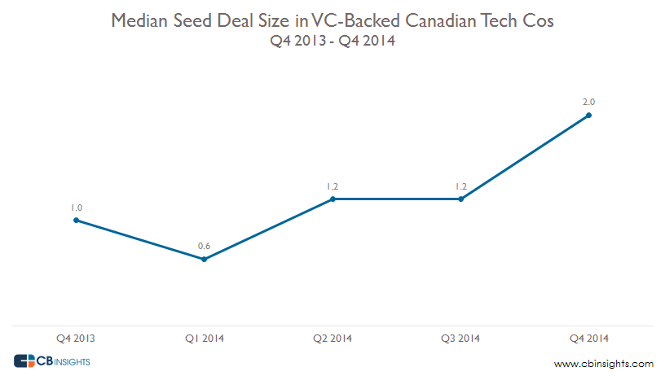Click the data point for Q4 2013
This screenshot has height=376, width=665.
point(76,220)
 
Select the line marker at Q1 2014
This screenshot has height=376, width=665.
point(204,259)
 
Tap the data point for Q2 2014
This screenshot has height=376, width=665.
point(332,199)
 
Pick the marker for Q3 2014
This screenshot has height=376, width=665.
point(461,199)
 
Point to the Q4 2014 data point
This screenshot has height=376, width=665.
point(589,115)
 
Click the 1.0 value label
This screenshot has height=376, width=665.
point(76,208)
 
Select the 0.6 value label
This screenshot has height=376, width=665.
point(204,247)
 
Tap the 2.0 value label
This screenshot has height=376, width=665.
point(589,103)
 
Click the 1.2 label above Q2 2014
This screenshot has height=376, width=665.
point(332,186)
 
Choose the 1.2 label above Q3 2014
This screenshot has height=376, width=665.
point(461,186)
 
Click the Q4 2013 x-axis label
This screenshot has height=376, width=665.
point(76,338)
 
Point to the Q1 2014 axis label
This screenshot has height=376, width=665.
point(204,338)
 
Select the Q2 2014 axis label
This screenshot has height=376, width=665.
point(332,338)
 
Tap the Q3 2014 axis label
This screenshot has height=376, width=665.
point(461,338)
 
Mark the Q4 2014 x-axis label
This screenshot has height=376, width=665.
point(589,338)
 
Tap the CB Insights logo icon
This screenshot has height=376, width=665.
point(25,361)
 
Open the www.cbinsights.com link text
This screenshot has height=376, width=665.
point(603,363)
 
